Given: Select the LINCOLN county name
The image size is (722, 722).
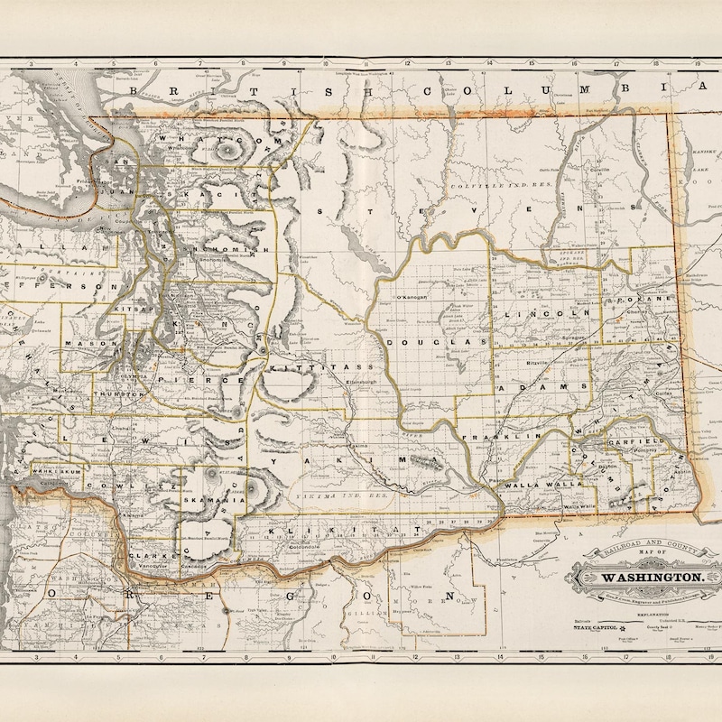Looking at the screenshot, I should [x=541, y=313].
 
